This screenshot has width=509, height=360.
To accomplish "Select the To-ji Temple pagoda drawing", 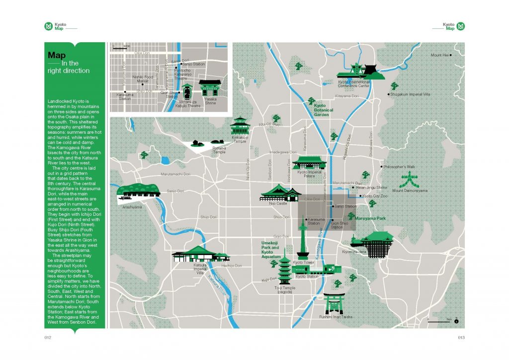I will click(285, 271).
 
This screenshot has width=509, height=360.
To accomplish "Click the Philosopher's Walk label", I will click(400, 167).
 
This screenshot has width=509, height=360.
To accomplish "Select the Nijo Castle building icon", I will click(281, 192).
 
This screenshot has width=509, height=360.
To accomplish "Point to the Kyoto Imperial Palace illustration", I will click(309, 163).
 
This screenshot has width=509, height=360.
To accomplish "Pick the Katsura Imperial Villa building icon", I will click(201, 254).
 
